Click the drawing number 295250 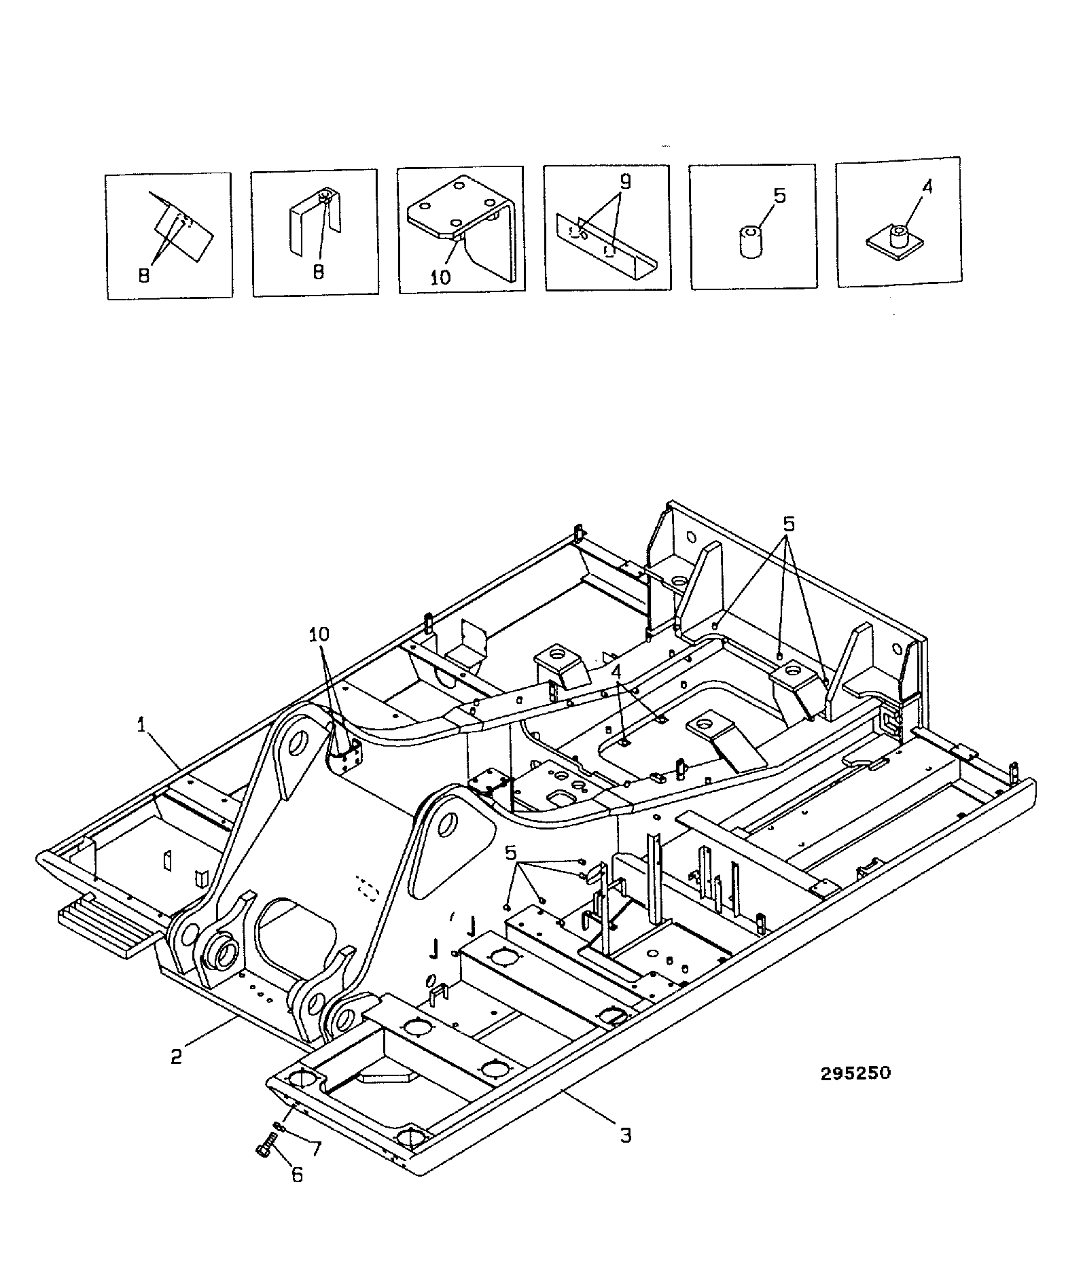click(855, 1073)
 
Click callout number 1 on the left click(142, 726)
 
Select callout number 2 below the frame click(177, 1057)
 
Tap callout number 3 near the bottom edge click(625, 1135)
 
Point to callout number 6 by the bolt click(298, 1174)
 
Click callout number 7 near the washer click(315, 1149)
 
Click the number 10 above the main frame click(319, 635)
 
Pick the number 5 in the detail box click(779, 196)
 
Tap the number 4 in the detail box click(927, 185)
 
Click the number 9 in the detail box click(625, 181)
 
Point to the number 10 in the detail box click(441, 277)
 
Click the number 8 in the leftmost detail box click(144, 277)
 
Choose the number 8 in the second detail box click(318, 271)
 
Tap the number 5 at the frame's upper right click(789, 524)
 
